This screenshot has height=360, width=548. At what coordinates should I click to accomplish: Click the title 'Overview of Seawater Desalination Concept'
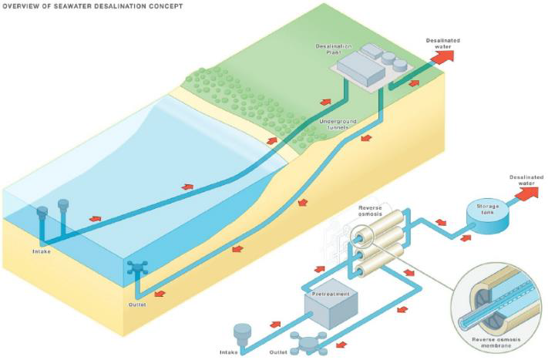(93, 6)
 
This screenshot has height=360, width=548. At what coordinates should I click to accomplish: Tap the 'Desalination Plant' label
(333, 49)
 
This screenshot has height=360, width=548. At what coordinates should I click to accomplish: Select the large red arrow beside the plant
(442, 59)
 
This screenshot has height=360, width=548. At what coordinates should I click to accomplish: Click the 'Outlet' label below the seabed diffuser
(137, 304)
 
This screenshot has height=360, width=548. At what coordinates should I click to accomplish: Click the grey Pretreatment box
(327, 307)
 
